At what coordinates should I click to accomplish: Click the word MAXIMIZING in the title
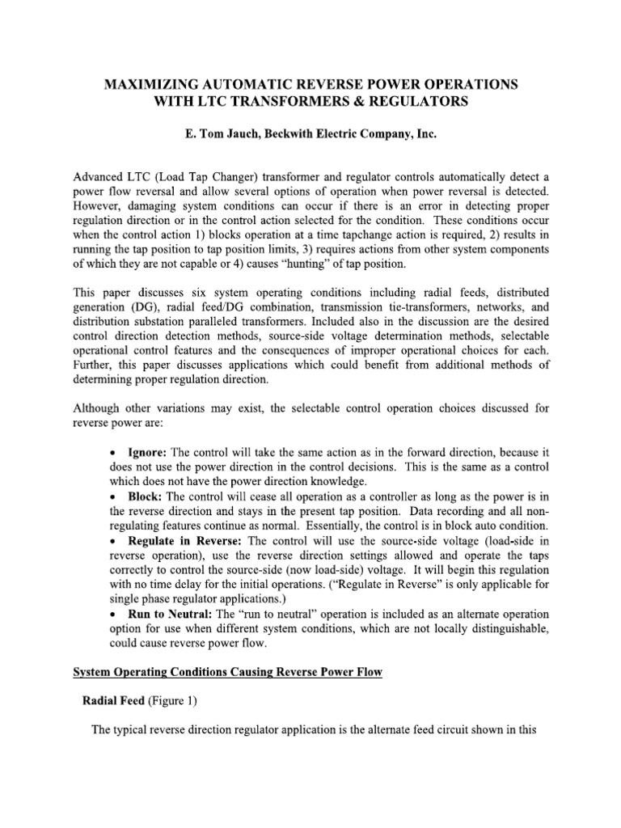[x=154, y=85]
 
